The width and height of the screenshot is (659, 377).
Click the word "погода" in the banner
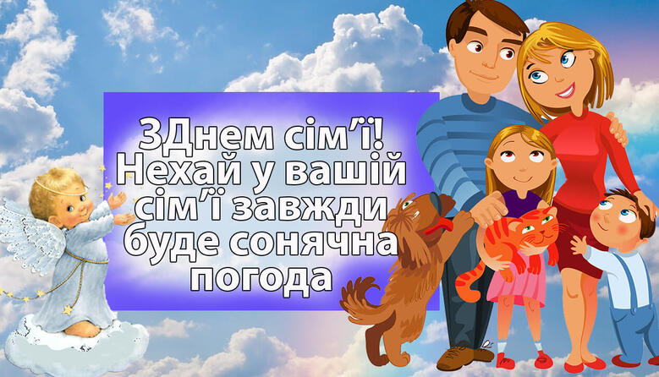261,278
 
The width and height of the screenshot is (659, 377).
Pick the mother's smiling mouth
568,90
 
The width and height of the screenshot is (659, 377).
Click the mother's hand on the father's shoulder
617,127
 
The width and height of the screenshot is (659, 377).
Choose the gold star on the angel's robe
68,310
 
